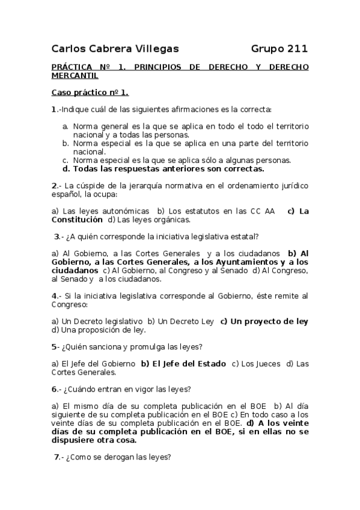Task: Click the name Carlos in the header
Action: (69, 48)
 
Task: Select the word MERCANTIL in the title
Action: (75, 76)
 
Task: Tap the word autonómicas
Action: (127, 211)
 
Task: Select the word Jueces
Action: (267, 364)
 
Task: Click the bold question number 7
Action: (57, 456)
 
